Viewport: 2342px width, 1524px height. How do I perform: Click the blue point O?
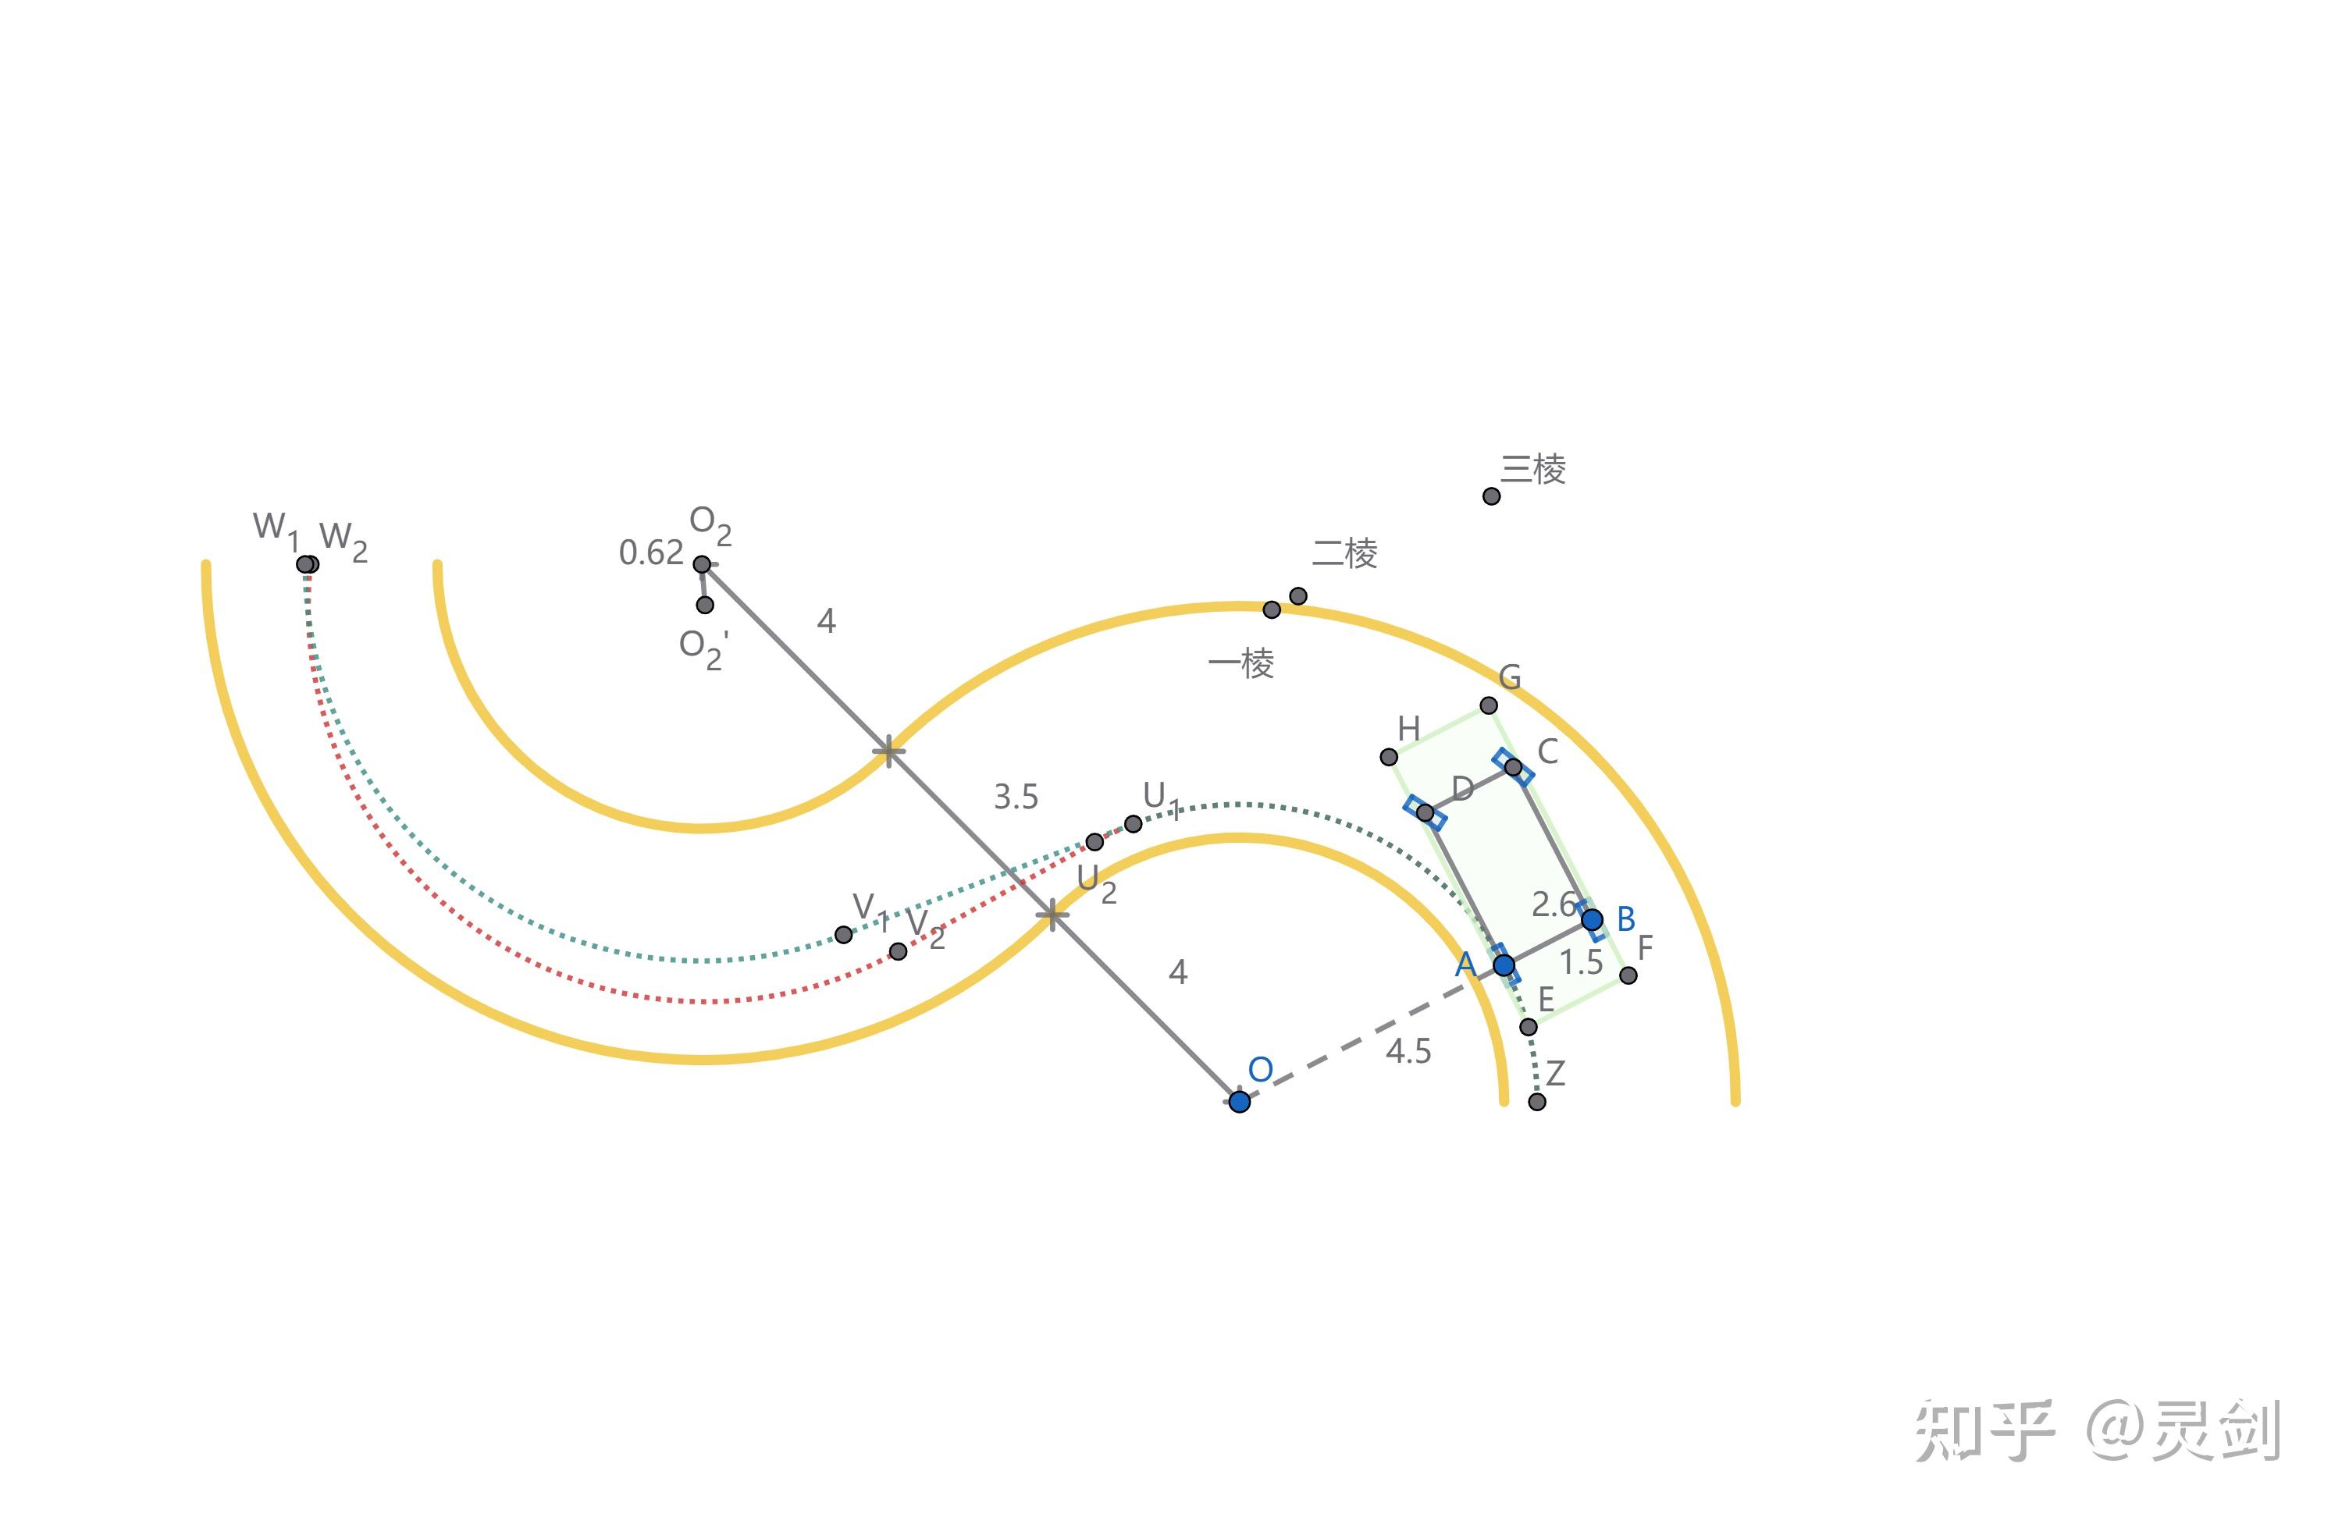(x=1239, y=1101)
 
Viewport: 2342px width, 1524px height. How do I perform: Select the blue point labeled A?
(x=1504, y=965)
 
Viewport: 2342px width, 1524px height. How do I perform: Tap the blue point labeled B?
(x=1592, y=920)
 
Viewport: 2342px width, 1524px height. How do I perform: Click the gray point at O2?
(x=702, y=563)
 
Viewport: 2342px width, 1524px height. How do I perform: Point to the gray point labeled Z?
(x=1537, y=1102)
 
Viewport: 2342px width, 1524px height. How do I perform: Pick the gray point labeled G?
(x=1489, y=705)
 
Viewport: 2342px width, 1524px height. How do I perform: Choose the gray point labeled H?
(x=1389, y=757)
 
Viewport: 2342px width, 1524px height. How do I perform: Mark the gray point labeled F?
(x=1628, y=975)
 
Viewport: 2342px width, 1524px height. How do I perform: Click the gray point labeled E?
(x=1529, y=1027)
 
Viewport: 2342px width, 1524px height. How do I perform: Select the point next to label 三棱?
(x=1492, y=496)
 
